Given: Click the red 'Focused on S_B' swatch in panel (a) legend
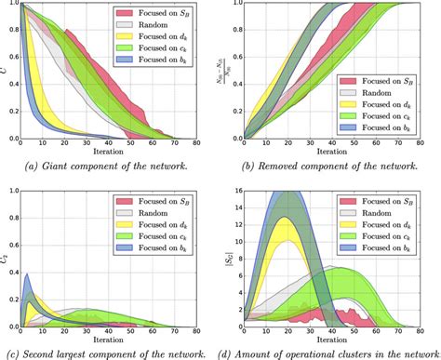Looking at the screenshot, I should point(124,15).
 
